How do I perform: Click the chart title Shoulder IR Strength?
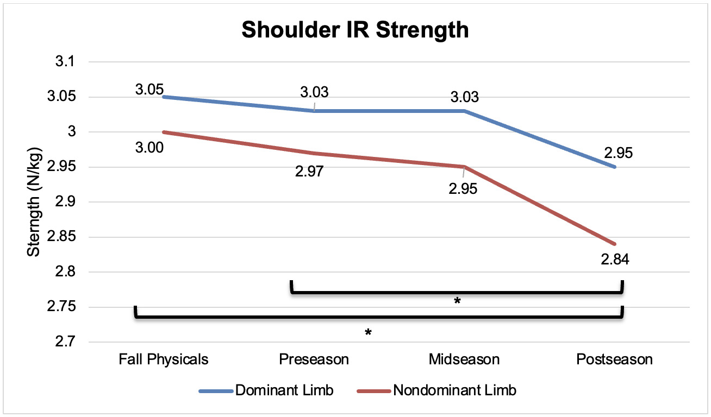click(355, 30)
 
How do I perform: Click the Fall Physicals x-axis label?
click(163, 359)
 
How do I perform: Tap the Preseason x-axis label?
click(314, 359)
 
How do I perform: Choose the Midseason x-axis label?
click(464, 359)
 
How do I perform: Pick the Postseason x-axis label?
click(615, 359)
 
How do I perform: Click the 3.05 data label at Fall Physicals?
click(149, 90)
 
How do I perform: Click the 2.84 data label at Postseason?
click(615, 260)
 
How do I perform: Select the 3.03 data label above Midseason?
click(465, 98)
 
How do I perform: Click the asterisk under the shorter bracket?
click(457, 301)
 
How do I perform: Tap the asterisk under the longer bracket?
click(368, 333)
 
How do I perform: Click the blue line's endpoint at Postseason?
click(615, 167)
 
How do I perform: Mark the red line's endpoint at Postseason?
click(615, 244)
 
